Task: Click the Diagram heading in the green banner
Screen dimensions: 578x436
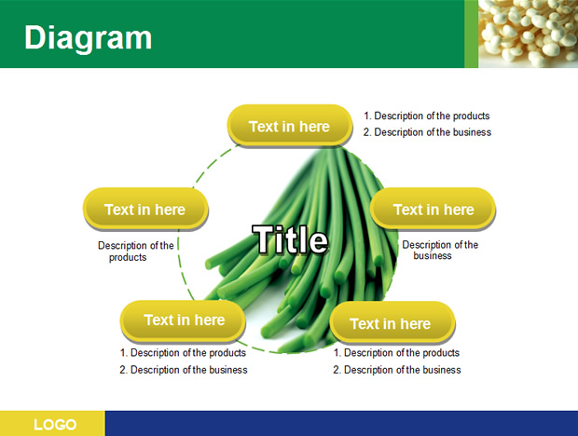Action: (89, 39)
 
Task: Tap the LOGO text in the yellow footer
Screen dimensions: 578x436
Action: (55, 425)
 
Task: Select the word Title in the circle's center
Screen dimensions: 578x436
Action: (290, 239)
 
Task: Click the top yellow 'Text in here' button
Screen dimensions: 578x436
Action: (290, 126)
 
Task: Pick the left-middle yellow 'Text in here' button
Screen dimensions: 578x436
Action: (145, 210)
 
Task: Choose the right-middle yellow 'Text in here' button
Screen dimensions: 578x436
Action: (433, 210)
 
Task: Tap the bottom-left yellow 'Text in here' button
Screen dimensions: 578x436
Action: (183, 320)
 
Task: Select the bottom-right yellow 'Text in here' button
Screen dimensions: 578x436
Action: (392, 323)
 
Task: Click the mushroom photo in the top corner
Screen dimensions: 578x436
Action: (528, 34)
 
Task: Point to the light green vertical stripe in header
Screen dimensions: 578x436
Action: (471, 34)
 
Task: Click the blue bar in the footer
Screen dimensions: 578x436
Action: (341, 424)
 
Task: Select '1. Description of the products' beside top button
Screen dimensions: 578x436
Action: (426, 116)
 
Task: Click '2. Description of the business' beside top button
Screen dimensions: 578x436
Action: (427, 132)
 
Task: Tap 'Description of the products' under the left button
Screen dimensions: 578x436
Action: (136, 252)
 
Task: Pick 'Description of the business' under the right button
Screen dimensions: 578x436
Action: (440, 250)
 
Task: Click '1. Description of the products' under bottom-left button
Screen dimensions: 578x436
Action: (183, 353)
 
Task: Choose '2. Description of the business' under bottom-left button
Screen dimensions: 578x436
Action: (184, 370)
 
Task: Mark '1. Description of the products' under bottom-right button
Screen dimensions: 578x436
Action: (396, 353)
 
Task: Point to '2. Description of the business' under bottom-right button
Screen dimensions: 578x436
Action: (396, 370)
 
